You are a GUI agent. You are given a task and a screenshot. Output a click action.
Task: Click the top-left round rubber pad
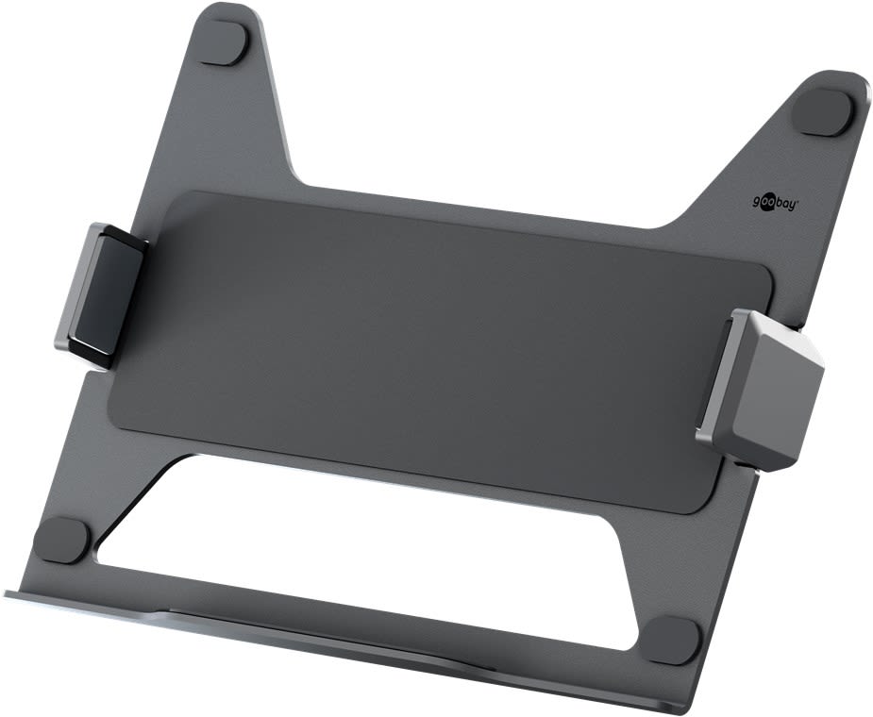[x=225, y=42]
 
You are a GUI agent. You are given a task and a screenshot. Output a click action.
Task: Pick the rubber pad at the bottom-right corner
[x=674, y=641]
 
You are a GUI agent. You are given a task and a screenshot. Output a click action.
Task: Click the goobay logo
[x=775, y=200]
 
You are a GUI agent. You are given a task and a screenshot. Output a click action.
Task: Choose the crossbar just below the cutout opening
[x=378, y=594]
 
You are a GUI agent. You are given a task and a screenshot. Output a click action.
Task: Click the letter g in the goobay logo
[x=757, y=201]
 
